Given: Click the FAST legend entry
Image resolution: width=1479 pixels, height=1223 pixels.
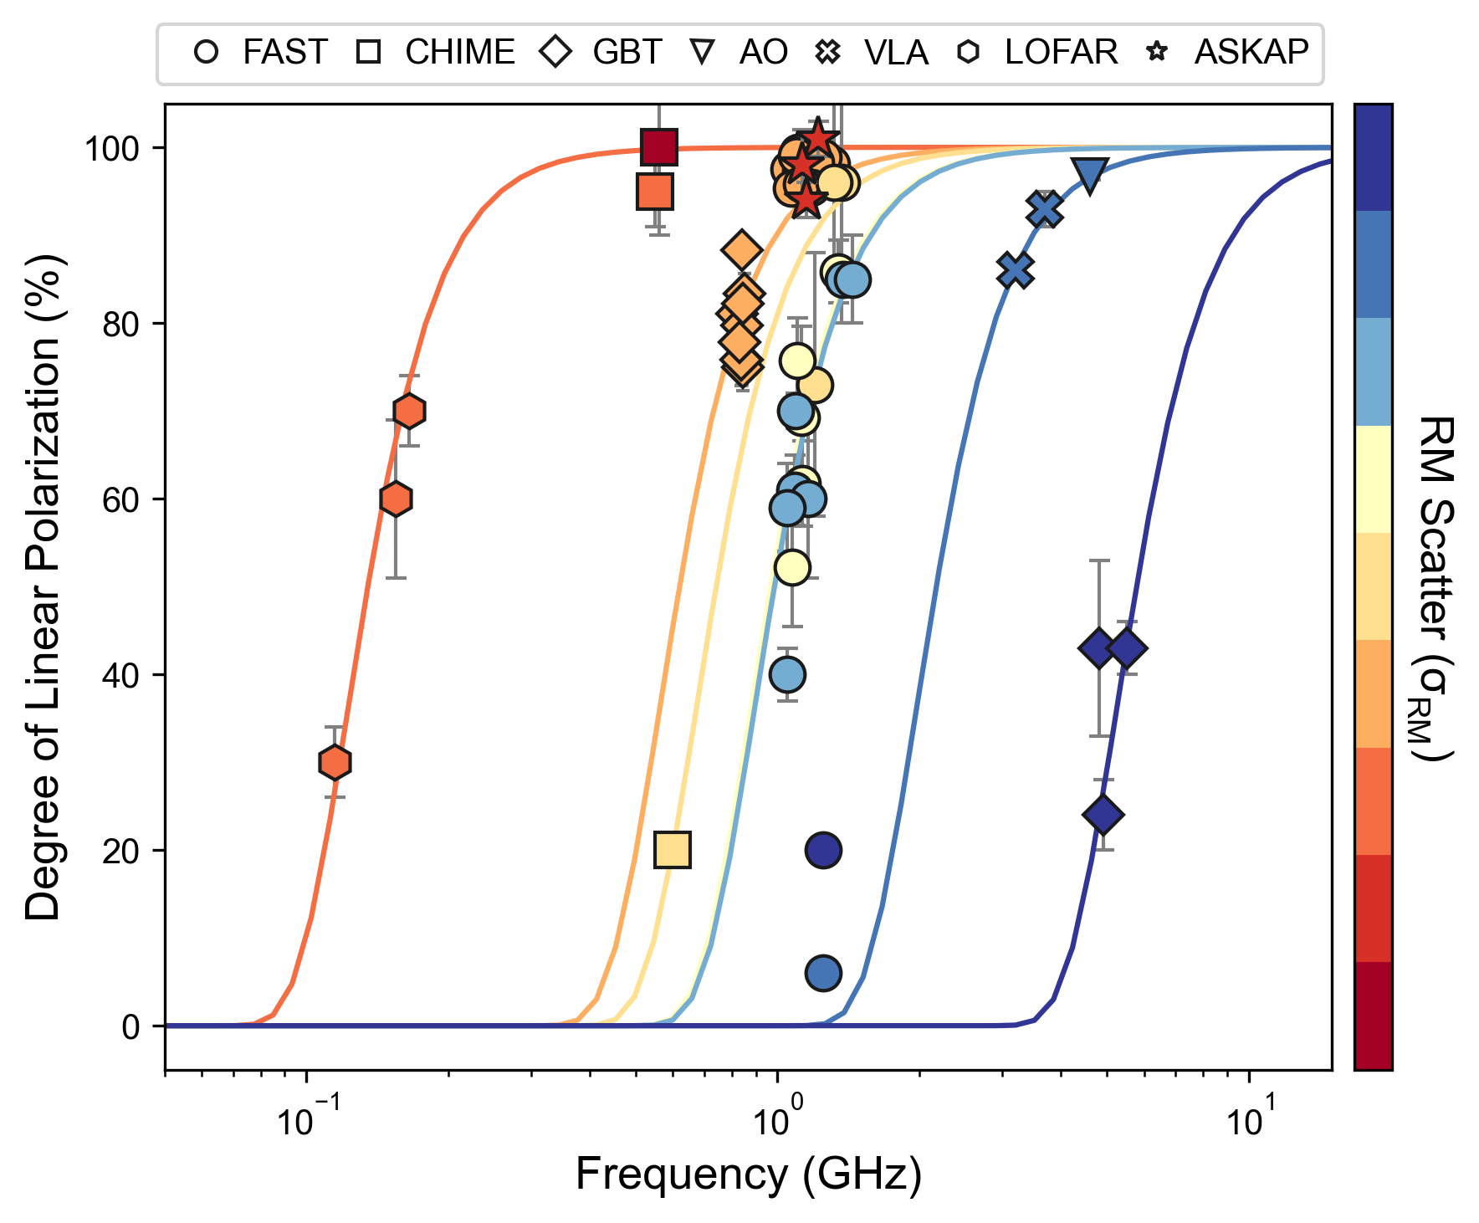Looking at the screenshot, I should [259, 53].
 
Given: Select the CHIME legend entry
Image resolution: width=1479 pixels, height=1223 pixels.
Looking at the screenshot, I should [435, 53].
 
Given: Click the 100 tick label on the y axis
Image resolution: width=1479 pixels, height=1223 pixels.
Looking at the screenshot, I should [111, 149].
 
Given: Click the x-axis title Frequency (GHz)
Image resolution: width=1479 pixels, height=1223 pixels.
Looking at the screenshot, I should [749, 1174].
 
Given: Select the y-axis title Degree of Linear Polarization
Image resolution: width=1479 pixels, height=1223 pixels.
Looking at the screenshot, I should [43, 586].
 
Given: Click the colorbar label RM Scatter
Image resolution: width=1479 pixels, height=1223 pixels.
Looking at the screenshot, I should [1436, 586].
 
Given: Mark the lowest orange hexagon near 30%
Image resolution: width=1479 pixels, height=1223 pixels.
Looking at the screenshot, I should [335, 762].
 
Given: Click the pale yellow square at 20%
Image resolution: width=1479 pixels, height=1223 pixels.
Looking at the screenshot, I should [673, 850].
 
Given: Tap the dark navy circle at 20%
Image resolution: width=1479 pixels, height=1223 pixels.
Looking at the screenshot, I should [823, 850].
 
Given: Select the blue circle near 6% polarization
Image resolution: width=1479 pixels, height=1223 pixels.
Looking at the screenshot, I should [823, 973].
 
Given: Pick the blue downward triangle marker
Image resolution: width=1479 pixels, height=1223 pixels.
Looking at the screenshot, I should [1090, 175].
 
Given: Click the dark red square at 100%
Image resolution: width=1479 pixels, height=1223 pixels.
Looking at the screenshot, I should [658, 147].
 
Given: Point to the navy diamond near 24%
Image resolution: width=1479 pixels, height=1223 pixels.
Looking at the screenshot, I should [1103, 814].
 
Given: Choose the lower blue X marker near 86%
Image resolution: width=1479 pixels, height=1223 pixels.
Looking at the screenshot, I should [1015, 270].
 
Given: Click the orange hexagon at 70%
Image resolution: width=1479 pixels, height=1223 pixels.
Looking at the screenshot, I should [409, 411].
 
